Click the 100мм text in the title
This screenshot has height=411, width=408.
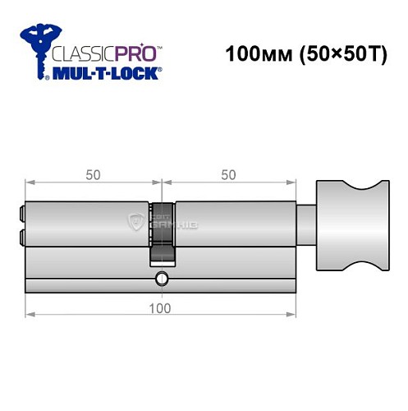click(x=254, y=56)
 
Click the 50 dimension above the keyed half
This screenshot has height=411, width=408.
click(x=93, y=175)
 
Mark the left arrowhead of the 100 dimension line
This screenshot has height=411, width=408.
click(x=30, y=315)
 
